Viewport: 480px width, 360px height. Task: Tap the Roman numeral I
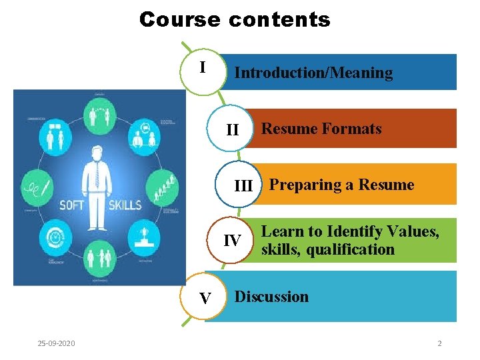(203, 67)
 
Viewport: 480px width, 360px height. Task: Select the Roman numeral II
(232, 129)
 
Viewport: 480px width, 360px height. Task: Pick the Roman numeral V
(205, 298)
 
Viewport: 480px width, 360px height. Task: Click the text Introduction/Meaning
(313, 73)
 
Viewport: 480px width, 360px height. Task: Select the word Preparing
(304, 185)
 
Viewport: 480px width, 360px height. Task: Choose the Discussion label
(271, 297)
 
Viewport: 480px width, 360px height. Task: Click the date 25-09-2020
(57, 343)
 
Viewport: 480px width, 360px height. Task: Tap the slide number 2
(439, 343)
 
